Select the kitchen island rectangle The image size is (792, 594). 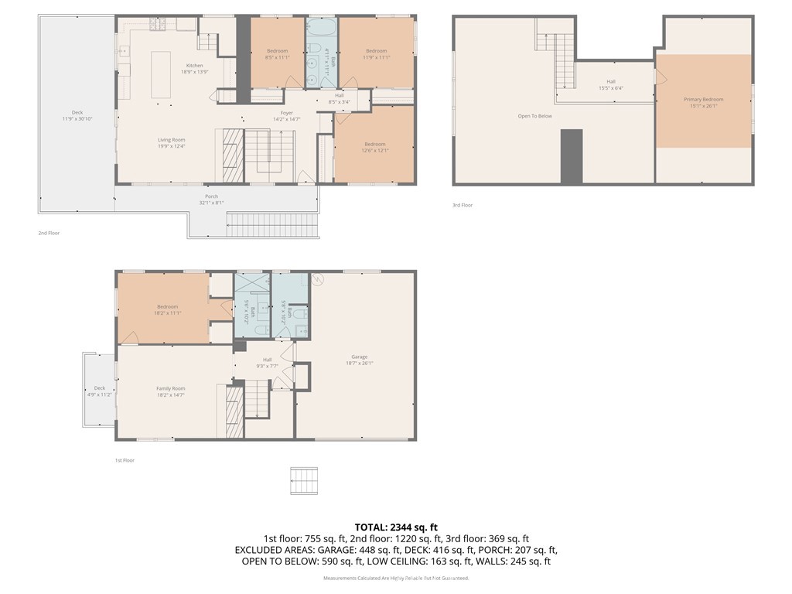point(161,74)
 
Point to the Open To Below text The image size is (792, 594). point(534,116)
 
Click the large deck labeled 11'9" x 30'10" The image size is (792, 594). point(77,115)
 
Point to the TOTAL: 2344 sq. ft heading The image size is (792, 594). point(395,527)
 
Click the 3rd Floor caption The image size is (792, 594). point(462,205)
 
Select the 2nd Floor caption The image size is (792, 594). point(48,232)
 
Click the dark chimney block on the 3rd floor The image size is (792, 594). point(571,156)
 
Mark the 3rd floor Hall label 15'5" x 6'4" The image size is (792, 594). point(610,84)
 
